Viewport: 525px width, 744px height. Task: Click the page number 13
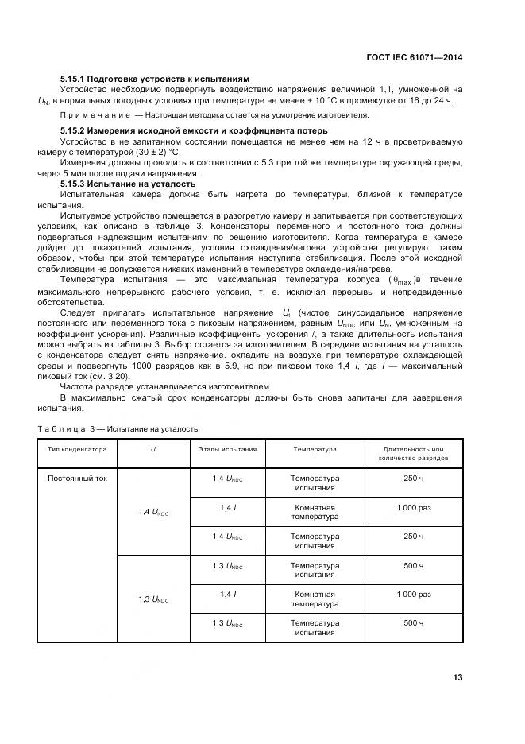coord(457,677)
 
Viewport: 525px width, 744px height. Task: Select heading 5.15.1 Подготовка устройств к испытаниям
coord(155,79)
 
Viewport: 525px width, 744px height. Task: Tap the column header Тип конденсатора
coord(77,450)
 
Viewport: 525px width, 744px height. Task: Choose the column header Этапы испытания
coord(227,450)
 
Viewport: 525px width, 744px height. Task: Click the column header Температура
coord(315,450)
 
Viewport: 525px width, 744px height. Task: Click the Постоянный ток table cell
coord(77,479)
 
